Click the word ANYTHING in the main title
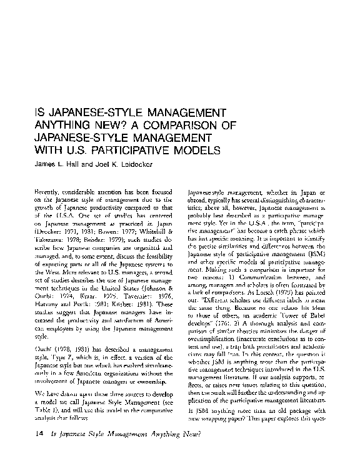tap(61, 125)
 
